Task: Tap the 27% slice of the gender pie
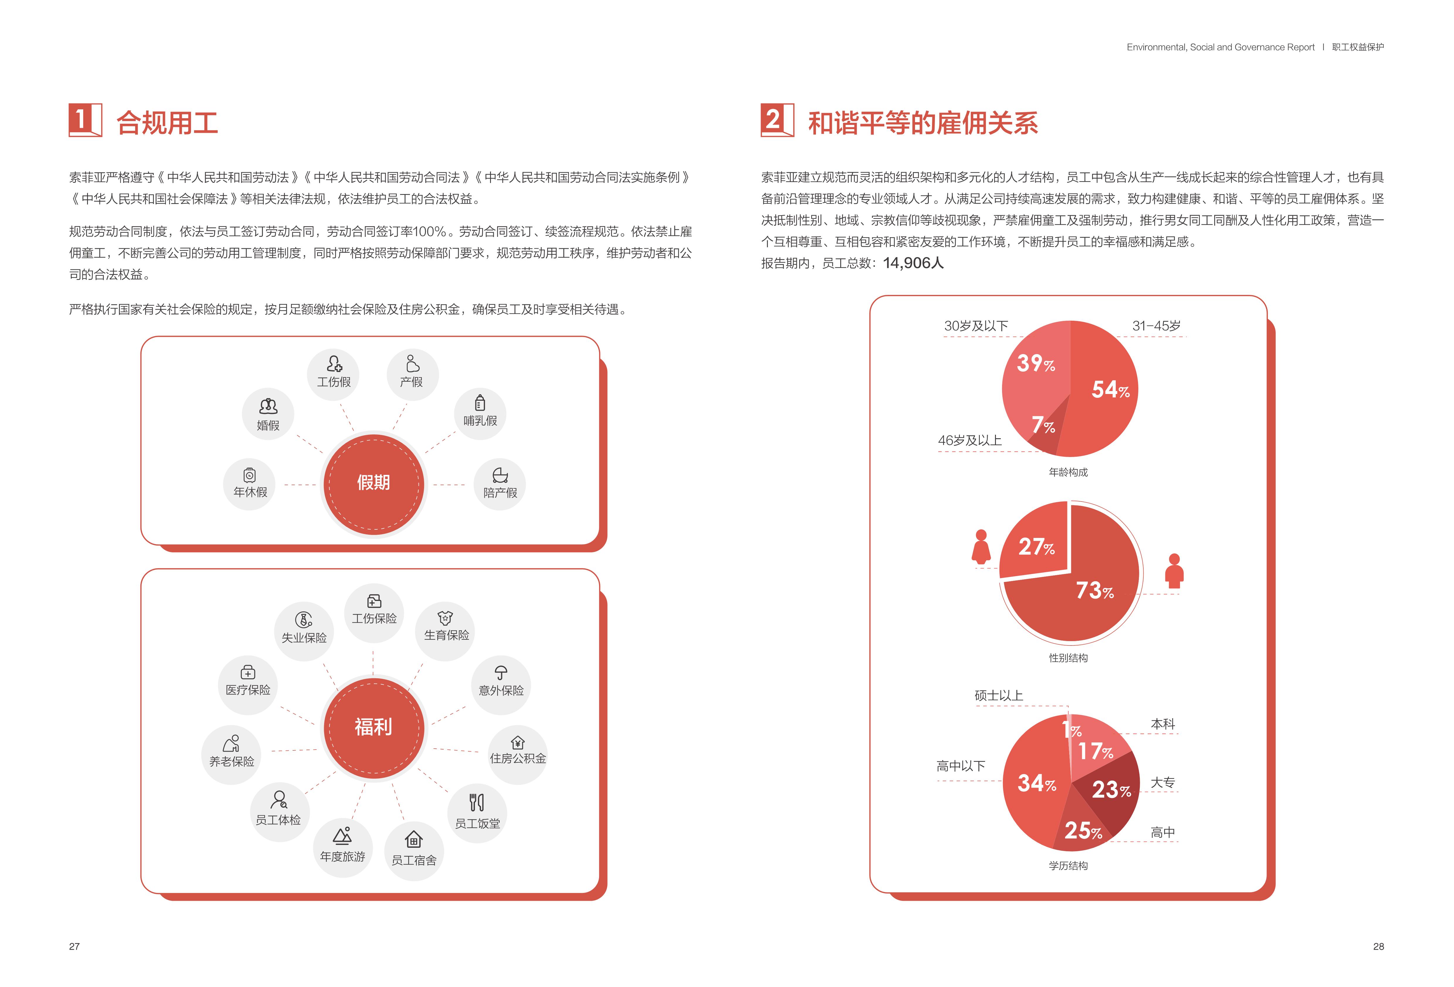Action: [x=1035, y=545]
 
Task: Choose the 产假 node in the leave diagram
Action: [x=412, y=374]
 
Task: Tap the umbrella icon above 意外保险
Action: [x=501, y=673]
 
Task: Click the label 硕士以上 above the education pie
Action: [x=999, y=695]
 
